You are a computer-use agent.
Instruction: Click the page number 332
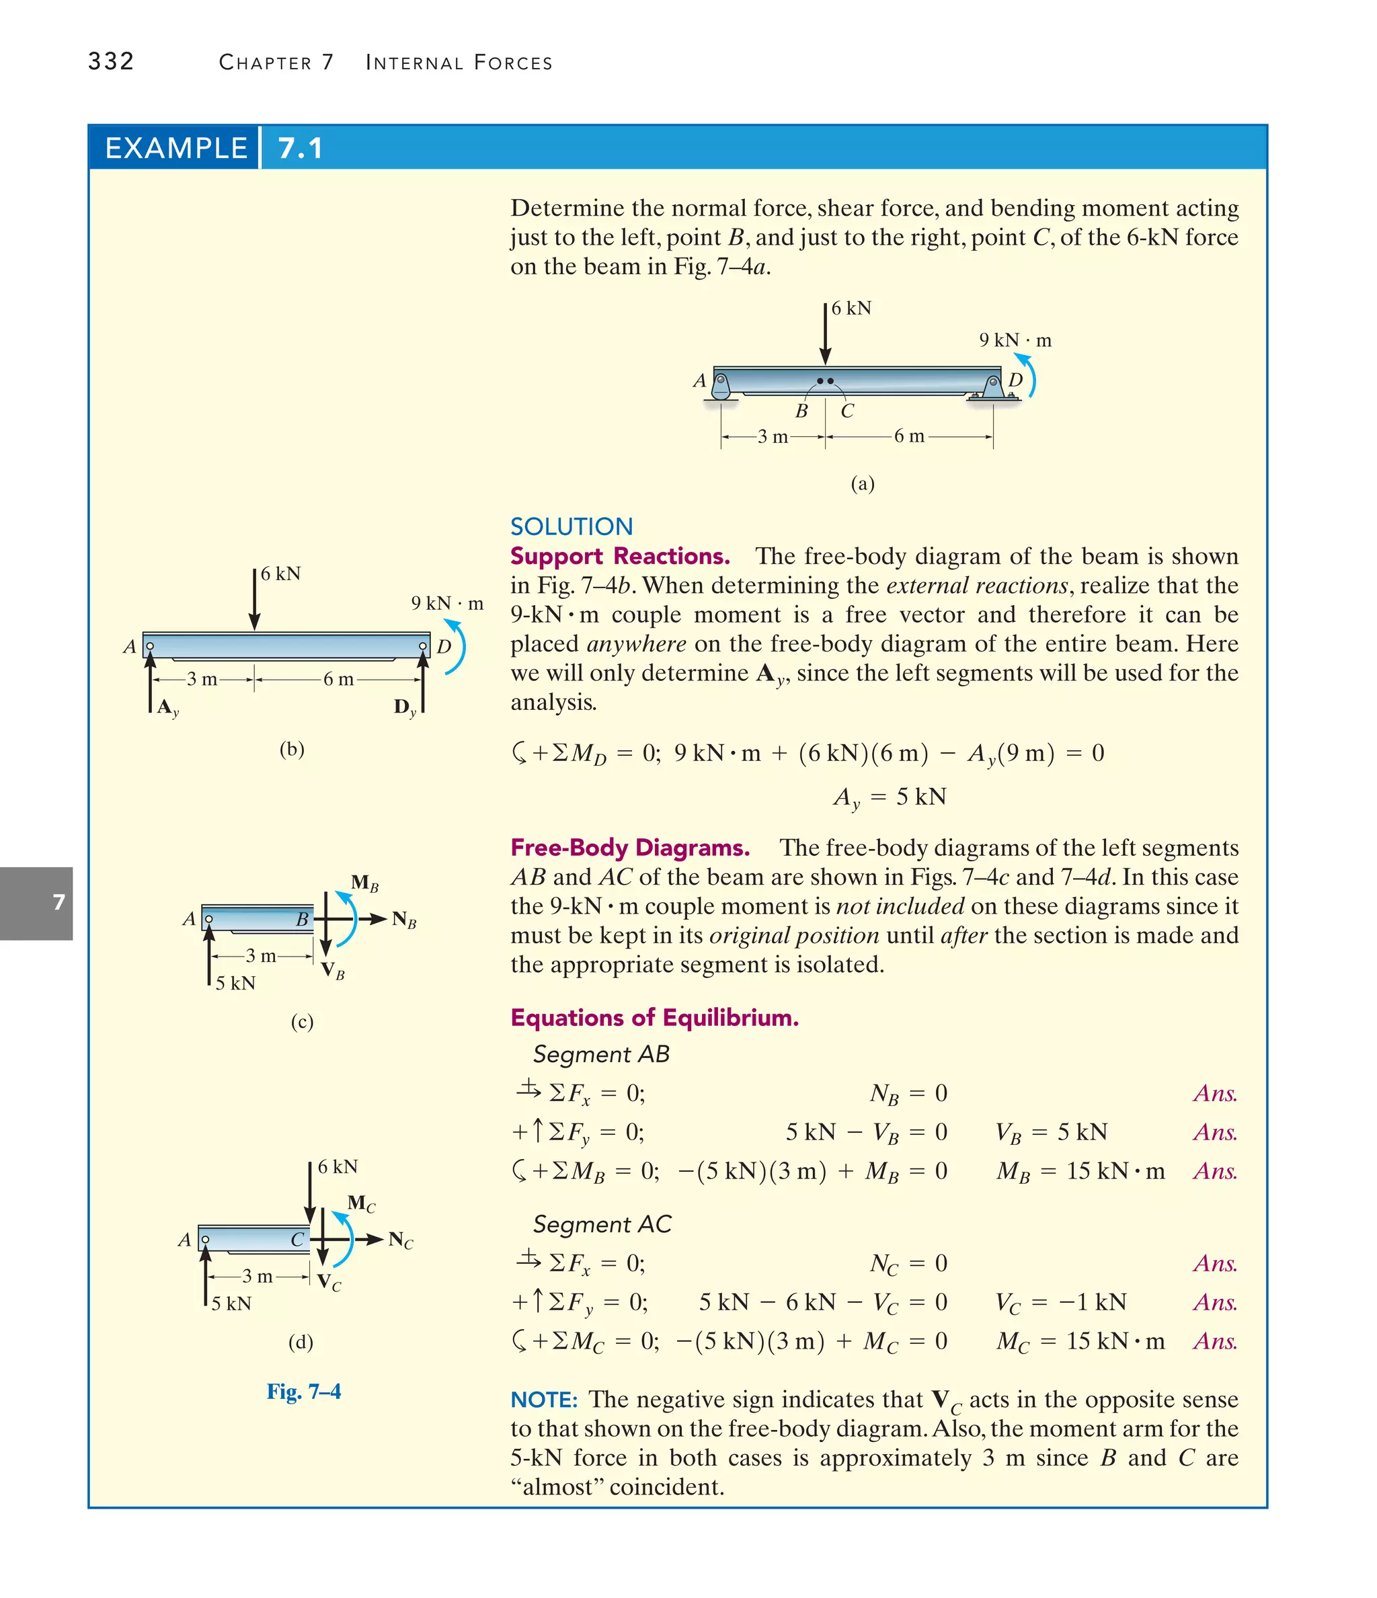click(x=111, y=61)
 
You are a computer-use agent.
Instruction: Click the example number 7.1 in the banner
click(x=300, y=148)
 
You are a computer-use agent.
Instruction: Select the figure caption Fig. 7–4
click(x=303, y=1392)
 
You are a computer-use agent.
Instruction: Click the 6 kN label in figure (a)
click(x=851, y=309)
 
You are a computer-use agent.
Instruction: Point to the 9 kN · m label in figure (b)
click(x=446, y=603)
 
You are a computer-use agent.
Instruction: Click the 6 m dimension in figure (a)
click(x=909, y=436)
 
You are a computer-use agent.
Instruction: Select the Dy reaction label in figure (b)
click(x=405, y=707)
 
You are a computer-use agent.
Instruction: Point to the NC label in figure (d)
click(x=400, y=1240)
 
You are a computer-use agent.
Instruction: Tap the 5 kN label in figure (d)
click(x=231, y=1304)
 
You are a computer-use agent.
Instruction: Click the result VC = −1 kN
click(x=1061, y=1303)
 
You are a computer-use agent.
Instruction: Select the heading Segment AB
click(x=601, y=1054)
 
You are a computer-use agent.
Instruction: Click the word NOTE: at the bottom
click(x=544, y=1400)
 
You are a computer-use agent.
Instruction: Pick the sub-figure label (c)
click(x=302, y=1022)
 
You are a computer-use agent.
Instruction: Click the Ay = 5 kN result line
click(x=890, y=797)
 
